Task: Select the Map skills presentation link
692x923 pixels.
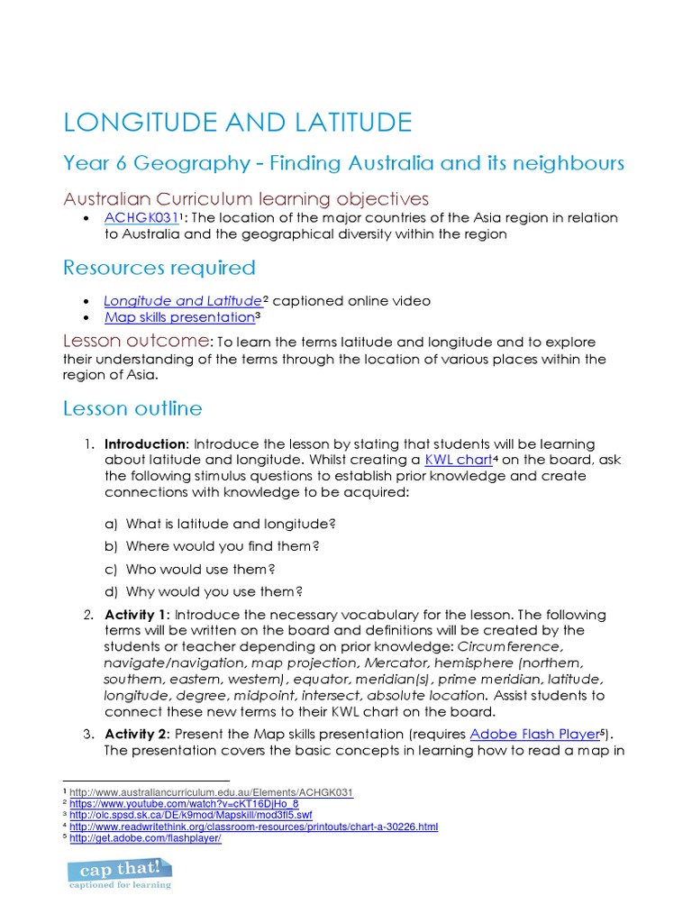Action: coord(179,317)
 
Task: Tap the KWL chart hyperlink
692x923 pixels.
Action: coord(457,460)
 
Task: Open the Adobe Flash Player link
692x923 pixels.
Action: coord(535,734)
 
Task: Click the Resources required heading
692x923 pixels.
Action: coord(159,268)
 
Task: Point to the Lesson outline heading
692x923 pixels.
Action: coord(132,408)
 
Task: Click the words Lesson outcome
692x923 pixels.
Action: coord(135,342)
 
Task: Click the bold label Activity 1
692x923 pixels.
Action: coord(136,615)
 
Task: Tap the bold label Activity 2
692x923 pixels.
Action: coord(136,734)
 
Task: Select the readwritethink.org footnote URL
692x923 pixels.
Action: coord(253,827)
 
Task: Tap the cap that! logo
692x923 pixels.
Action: coord(120,873)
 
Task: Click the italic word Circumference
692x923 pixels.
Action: coord(511,647)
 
